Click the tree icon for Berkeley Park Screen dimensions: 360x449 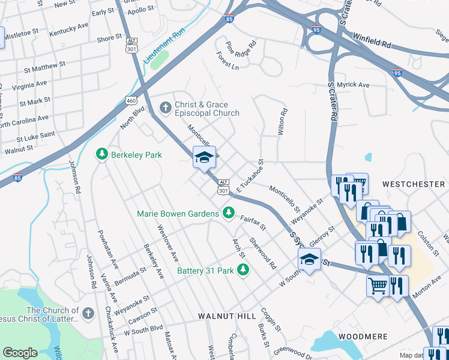[x=102, y=154]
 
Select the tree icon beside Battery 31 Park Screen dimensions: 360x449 [x=244, y=271]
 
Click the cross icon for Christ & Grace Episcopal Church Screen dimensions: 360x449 [x=165, y=108]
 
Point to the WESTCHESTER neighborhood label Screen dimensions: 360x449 [x=413, y=184]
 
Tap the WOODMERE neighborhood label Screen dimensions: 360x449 [x=363, y=337]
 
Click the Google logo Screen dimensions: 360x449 [x=20, y=353]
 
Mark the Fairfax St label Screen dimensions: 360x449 [x=253, y=224]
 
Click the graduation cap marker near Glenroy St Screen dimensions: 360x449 [x=309, y=260]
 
